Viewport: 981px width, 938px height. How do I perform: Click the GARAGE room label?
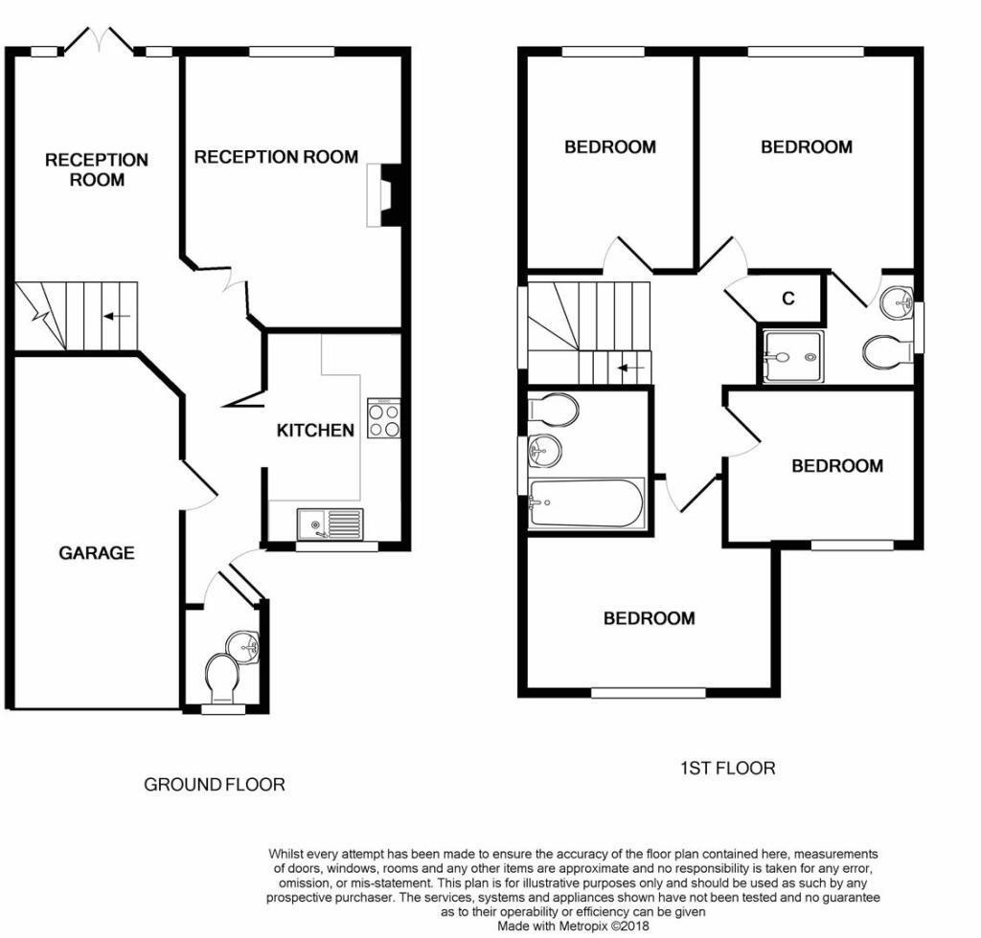tap(96, 553)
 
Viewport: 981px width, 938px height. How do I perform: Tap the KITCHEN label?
tap(315, 431)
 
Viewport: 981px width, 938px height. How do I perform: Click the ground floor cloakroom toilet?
tap(220, 678)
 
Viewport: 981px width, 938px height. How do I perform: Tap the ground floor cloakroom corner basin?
tap(244, 645)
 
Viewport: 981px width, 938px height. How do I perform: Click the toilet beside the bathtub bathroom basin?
tap(553, 411)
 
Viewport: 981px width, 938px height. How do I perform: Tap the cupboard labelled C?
tap(788, 299)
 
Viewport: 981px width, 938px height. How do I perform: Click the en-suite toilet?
tap(887, 352)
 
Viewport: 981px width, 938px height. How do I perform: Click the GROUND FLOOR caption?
tap(214, 785)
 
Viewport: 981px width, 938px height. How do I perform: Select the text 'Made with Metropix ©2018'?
tap(574, 927)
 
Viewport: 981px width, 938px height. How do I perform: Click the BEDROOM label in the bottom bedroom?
tap(649, 618)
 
